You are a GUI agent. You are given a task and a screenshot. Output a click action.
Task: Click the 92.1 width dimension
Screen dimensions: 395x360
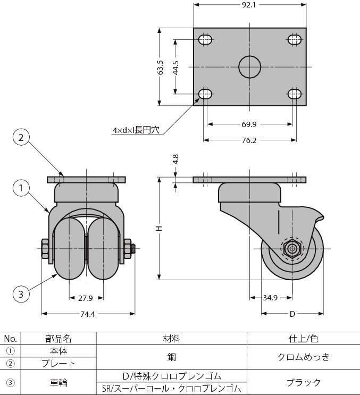pyautogui.click(x=250, y=5)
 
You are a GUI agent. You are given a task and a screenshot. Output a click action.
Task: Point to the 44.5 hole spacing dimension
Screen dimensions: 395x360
pyautogui.click(x=175, y=67)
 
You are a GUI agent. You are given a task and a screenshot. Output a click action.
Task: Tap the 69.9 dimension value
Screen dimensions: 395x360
pyautogui.click(x=250, y=124)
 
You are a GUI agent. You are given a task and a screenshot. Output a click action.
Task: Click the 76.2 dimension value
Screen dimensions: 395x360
pyautogui.click(x=250, y=141)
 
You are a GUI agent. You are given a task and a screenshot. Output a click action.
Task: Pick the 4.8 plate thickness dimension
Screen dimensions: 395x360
pyautogui.click(x=175, y=159)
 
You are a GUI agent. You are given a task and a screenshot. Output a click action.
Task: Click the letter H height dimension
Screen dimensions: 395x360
pyautogui.click(x=158, y=228)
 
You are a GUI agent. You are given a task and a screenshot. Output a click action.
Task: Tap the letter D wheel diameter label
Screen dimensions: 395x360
pyautogui.click(x=292, y=314)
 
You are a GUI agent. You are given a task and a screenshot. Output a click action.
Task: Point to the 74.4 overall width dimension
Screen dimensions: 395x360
pyautogui.click(x=87, y=314)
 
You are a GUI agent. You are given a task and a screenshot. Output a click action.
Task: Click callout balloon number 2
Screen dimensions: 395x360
pyautogui.click(x=21, y=138)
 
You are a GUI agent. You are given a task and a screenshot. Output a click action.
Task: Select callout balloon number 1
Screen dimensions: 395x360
pyautogui.click(x=21, y=188)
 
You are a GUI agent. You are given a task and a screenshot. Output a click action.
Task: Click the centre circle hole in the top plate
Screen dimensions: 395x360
pyautogui.click(x=249, y=67)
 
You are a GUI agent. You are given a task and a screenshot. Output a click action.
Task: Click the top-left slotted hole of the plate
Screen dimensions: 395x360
pyautogui.click(x=206, y=39)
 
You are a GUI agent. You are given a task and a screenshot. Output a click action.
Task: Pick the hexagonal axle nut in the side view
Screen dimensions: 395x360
pyautogui.click(x=291, y=248)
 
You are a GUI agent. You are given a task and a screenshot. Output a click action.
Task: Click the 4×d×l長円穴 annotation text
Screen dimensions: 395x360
pyautogui.click(x=136, y=130)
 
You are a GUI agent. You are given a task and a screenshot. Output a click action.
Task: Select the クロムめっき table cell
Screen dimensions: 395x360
pyautogui.click(x=304, y=357)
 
